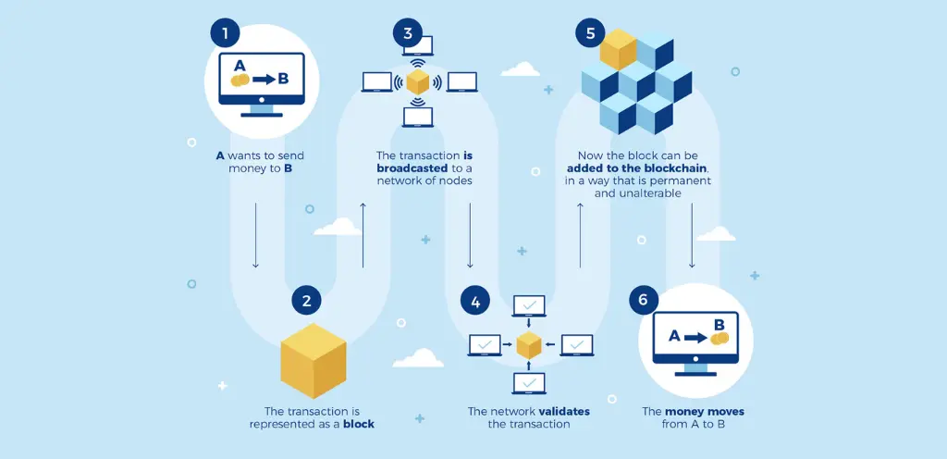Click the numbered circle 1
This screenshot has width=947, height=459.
click(226, 32)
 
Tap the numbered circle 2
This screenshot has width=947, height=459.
click(307, 300)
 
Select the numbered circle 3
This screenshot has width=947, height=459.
click(408, 32)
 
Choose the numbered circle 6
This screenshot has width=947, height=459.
click(644, 300)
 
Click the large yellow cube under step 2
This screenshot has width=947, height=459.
click(314, 361)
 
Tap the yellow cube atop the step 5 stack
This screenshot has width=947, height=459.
click(618, 49)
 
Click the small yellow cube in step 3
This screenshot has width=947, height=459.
click(417, 81)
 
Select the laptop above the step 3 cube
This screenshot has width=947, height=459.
click(418, 46)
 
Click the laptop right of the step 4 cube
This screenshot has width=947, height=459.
click(577, 345)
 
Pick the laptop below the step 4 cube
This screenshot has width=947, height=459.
click(529, 383)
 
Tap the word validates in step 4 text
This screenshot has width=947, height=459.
click(564, 411)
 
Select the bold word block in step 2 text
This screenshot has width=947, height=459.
click(359, 424)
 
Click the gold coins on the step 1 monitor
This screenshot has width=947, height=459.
click(240, 80)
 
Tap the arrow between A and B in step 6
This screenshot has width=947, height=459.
click(695, 338)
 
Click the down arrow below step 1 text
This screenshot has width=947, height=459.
click(255, 236)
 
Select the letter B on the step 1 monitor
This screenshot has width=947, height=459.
click(283, 79)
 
